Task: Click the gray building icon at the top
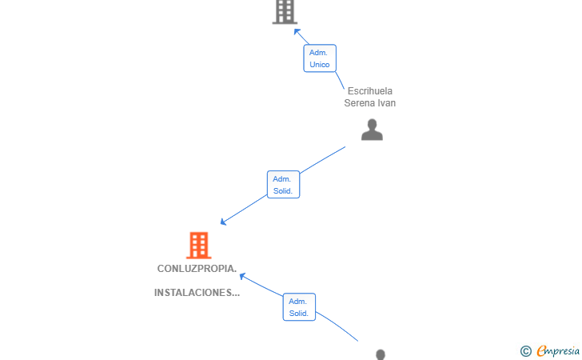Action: pos(285,12)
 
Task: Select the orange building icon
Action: pos(198,246)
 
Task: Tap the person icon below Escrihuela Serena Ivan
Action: pos(372,130)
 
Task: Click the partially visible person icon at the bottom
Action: pos(381,354)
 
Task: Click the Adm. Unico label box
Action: pos(320,58)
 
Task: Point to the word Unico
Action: pos(320,65)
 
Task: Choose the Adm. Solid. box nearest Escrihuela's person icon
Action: pos(283,185)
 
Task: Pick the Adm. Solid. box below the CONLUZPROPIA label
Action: pos(299,307)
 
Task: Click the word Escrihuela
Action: pos(369,91)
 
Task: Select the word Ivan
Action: pos(388,103)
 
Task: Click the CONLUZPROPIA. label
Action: pos(197,269)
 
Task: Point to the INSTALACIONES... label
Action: pos(197,293)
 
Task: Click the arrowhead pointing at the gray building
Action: pos(297,32)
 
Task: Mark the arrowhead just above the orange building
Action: pos(223,222)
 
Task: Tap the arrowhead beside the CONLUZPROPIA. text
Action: pos(242,276)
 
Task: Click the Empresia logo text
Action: pos(558,350)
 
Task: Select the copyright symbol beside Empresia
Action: pos(525,351)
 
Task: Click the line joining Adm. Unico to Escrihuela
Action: pos(340,80)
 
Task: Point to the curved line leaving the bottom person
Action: pos(337,325)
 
